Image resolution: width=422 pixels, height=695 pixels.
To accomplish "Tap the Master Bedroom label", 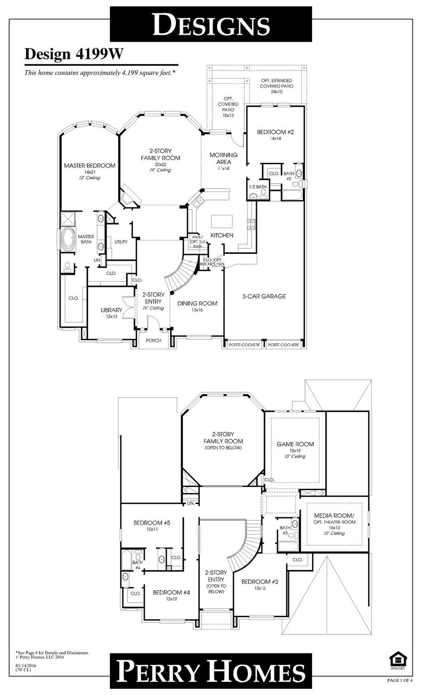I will tap(90, 166).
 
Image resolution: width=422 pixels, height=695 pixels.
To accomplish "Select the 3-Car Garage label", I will tap(264, 296).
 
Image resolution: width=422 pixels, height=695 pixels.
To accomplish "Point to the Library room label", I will tap(111, 310).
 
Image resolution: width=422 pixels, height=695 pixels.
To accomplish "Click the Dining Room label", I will tap(197, 304).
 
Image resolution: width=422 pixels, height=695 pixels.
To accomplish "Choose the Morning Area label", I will tap(223, 158).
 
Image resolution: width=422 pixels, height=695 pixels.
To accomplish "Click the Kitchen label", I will tap(222, 235).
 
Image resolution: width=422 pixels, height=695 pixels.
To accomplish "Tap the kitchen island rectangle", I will tap(222, 221).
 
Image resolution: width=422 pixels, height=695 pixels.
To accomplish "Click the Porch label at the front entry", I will tap(154, 341).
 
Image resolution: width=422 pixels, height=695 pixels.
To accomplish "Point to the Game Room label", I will tap(295, 444).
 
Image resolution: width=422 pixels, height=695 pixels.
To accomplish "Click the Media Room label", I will tap(334, 516).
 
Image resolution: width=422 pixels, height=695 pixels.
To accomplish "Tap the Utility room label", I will tap(121, 242).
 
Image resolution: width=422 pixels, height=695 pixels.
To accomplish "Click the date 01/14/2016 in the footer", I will tap(26, 666).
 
